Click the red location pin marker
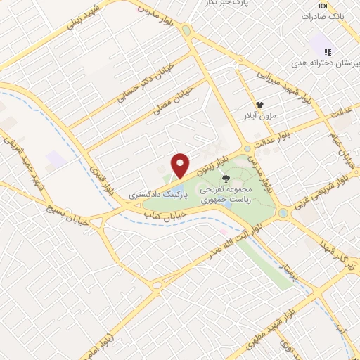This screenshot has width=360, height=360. tap(180, 166)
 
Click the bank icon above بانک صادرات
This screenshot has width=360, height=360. tap(323, 5)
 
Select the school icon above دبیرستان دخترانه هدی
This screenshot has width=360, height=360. tap(326, 51)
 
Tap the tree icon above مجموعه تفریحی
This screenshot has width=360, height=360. tap(225, 179)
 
